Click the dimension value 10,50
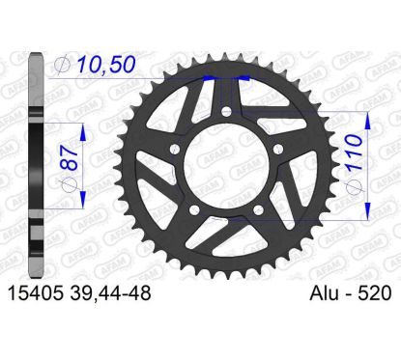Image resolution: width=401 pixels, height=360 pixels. pos(105,64)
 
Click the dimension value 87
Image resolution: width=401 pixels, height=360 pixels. pos(70,157)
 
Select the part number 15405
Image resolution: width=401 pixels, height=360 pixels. pos(35,293)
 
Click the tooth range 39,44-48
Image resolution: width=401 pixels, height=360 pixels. pos(109,293)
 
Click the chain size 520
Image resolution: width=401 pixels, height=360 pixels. pos(376,293)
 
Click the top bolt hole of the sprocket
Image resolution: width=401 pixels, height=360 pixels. pos(227,111)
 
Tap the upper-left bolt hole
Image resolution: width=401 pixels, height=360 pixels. pos(175,149)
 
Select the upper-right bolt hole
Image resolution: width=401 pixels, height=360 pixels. pos(278,149)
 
